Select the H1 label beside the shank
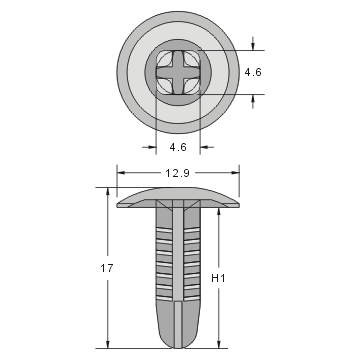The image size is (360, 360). tap(229, 276)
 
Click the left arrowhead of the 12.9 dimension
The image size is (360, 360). tap(122, 173)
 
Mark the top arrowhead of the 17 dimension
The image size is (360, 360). tap(107, 192)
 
